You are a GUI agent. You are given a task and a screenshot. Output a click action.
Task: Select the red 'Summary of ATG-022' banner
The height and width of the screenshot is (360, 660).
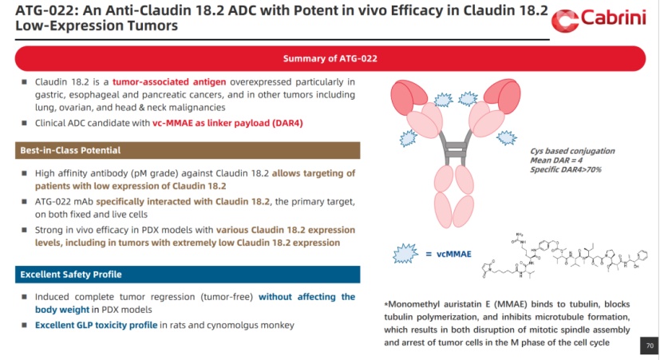click(x=330, y=58)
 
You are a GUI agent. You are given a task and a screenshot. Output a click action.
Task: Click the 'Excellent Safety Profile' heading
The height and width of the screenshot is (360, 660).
click(x=69, y=274)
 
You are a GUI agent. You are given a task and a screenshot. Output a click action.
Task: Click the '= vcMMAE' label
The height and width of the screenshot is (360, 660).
click(x=448, y=254)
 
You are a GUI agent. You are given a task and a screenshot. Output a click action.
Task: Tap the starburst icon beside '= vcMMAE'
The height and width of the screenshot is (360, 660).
click(x=405, y=254)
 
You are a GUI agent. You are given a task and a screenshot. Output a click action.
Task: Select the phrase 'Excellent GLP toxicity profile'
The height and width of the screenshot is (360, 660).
click(x=96, y=325)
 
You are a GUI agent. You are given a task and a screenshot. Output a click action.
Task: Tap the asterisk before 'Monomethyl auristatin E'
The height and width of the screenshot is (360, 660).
click(x=386, y=305)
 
